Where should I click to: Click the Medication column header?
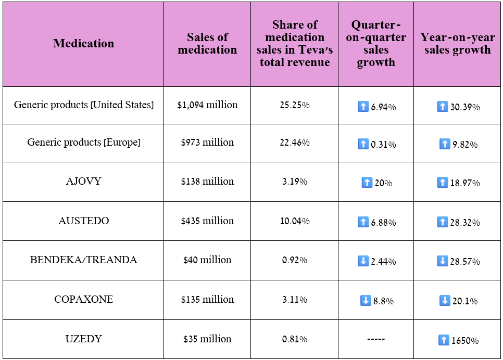(x=83, y=44)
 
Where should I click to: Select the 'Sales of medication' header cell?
(x=207, y=44)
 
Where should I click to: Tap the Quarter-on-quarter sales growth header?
(x=376, y=44)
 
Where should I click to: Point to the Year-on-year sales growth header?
(x=458, y=44)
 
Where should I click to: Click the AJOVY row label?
(x=83, y=182)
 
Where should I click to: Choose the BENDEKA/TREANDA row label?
(x=83, y=260)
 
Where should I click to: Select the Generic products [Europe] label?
(x=83, y=143)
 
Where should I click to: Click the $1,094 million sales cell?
(x=207, y=105)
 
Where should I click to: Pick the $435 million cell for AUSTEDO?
(x=207, y=221)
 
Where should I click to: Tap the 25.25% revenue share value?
(x=294, y=105)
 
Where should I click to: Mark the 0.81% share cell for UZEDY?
(x=294, y=339)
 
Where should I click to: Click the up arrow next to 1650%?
(x=444, y=340)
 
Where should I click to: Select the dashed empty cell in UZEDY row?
(x=376, y=339)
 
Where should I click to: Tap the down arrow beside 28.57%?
(x=442, y=261)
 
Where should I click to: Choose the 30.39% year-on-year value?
(x=465, y=107)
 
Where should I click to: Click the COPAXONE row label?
(x=83, y=300)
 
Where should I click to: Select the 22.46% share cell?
(x=294, y=143)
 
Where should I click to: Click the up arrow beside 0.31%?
(x=363, y=144)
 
